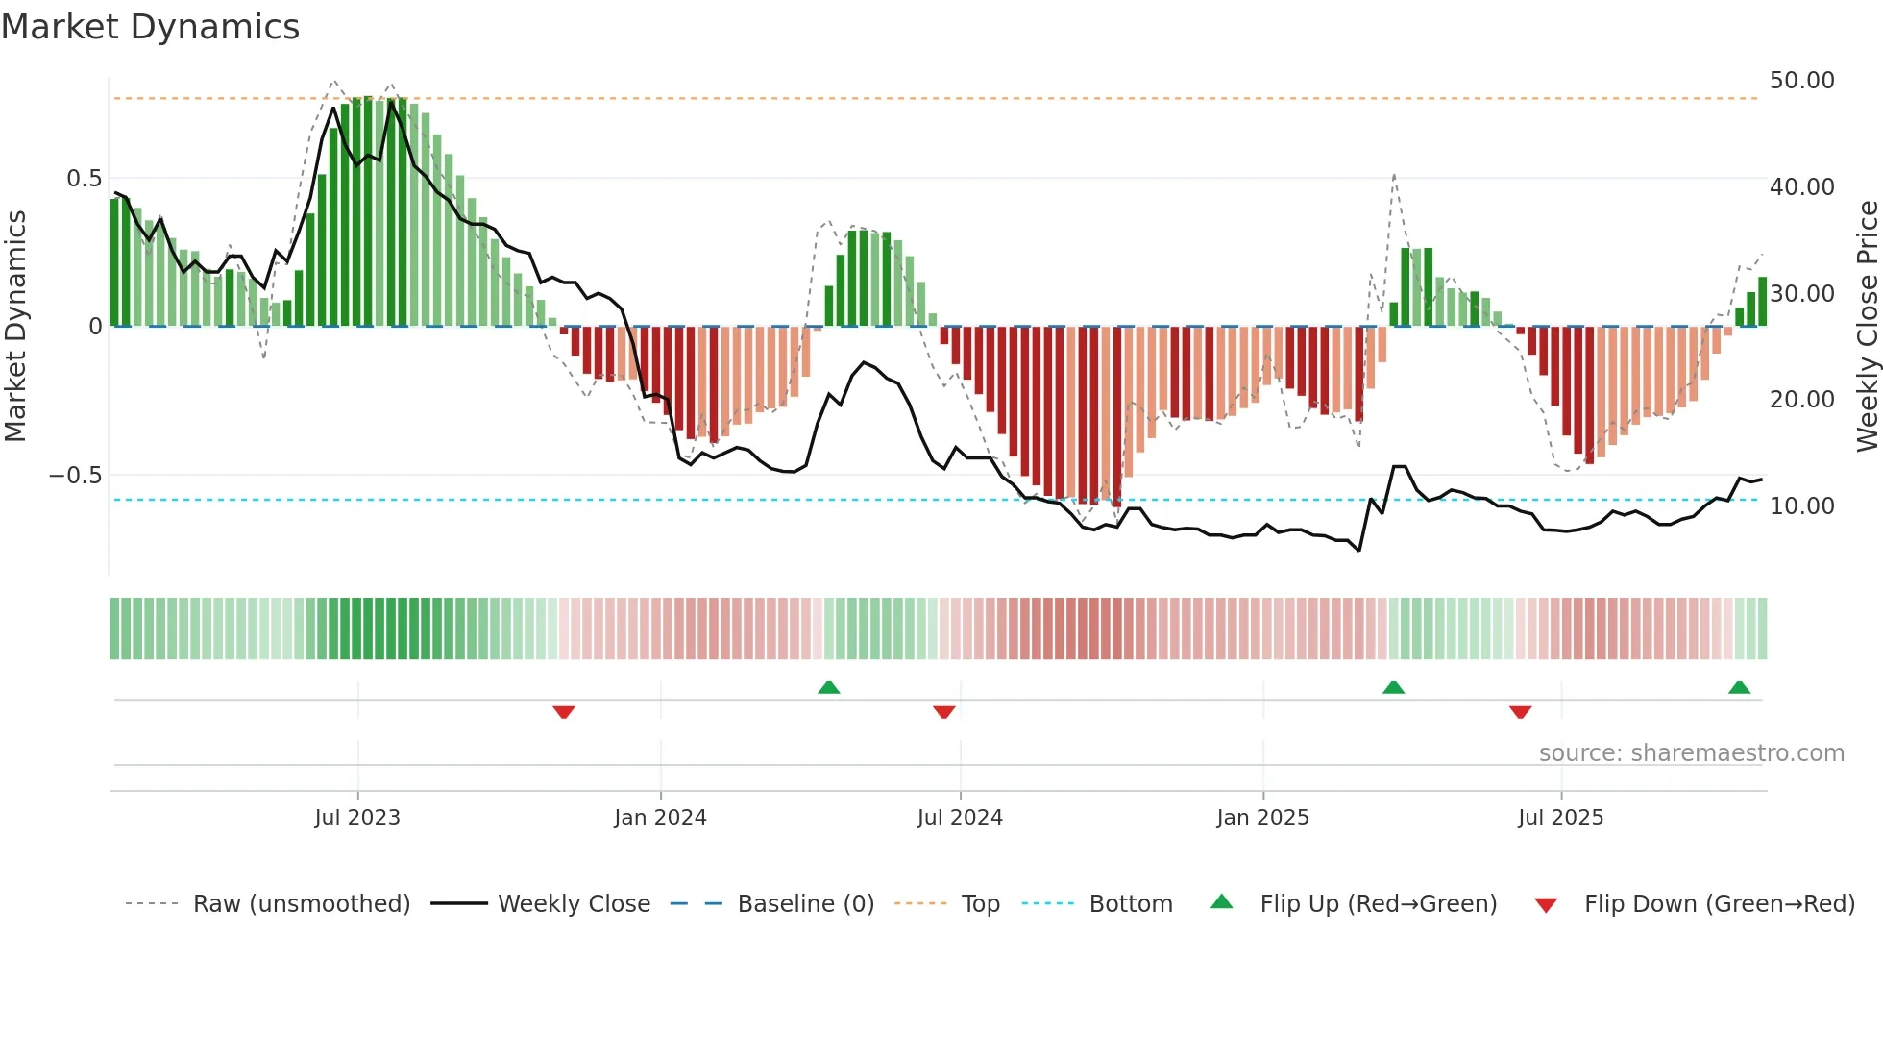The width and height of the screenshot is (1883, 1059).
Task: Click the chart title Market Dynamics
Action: pyautogui.click(x=150, y=27)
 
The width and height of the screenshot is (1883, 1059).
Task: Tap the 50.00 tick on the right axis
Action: pyautogui.click(x=1801, y=81)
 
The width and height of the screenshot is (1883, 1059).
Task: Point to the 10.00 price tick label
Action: pyautogui.click(x=1801, y=505)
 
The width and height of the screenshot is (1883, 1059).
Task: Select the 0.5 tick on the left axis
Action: pyautogui.click(x=84, y=179)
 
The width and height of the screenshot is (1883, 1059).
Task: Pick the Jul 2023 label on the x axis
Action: pyautogui.click(x=356, y=818)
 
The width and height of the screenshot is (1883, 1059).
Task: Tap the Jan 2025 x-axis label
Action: pyautogui.click(x=1261, y=818)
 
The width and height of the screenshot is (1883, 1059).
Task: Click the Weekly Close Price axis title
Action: pyautogui.click(x=1867, y=326)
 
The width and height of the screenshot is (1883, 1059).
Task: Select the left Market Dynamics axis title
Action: pyautogui.click(x=16, y=326)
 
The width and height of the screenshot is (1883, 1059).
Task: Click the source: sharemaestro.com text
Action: pyautogui.click(x=1691, y=753)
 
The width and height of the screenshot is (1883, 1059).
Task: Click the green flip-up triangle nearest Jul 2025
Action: pyautogui.click(x=1393, y=687)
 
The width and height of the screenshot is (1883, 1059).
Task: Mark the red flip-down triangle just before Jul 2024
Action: pyautogui.click(x=943, y=712)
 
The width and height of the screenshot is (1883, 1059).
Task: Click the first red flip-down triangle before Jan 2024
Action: pyautogui.click(x=564, y=712)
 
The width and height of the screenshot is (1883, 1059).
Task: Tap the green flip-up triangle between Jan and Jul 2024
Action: pyautogui.click(x=828, y=687)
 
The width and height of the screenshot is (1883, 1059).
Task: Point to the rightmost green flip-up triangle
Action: pyautogui.click(x=1739, y=687)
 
